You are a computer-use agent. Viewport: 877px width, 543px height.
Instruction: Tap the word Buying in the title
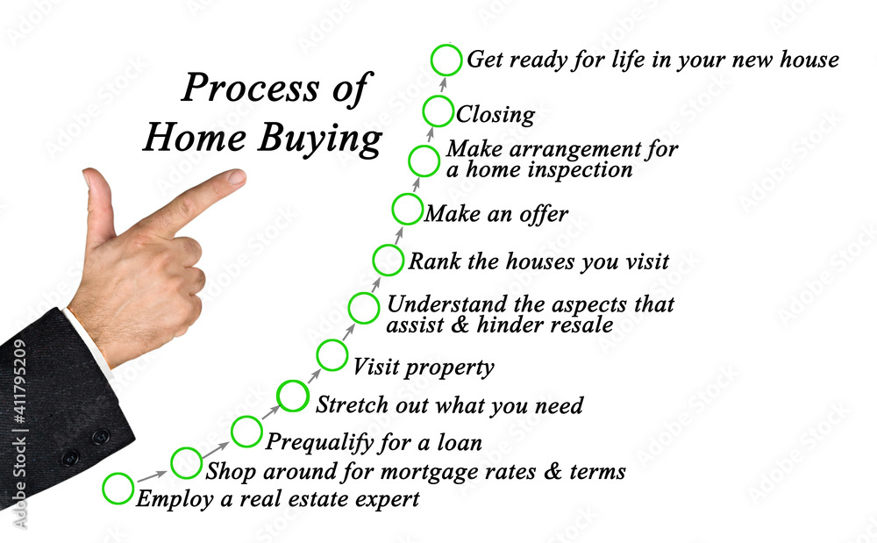(319, 139)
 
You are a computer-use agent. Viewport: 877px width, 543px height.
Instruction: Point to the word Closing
(495, 115)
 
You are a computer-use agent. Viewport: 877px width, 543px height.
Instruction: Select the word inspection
(580, 170)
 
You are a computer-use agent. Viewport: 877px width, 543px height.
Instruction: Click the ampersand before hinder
(460, 325)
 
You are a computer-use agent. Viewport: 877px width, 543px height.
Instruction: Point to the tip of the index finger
(242, 176)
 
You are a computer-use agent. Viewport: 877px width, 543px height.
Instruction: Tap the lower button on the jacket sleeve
(70, 458)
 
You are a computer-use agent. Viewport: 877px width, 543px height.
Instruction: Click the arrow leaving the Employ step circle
(152, 476)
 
